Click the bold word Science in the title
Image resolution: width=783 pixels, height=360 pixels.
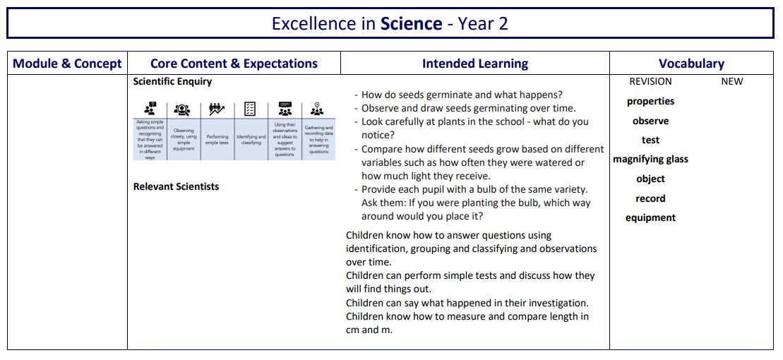[411, 24]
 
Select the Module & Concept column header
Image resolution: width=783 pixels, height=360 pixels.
[67, 64]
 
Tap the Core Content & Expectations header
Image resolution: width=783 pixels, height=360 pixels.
[234, 64]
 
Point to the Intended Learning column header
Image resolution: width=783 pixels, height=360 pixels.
[474, 64]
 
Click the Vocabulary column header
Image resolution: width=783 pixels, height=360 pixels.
[691, 64]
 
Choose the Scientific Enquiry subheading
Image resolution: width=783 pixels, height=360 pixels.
[172, 82]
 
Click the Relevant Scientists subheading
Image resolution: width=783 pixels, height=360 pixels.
[176, 187]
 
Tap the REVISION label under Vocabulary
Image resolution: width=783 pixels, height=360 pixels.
[650, 82]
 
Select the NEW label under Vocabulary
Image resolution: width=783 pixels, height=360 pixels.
[731, 82]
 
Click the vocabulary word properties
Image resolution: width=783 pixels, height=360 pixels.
[650, 102]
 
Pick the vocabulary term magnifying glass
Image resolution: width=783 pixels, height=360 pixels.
[650, 160]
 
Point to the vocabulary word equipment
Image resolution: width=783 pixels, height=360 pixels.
[650, 218]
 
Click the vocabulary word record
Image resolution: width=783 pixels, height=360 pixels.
[650, 199]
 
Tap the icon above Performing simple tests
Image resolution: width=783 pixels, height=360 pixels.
[217, 109]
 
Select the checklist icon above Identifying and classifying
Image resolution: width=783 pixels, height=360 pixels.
[251, 109]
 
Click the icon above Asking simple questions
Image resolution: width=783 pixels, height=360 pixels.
[150, 109]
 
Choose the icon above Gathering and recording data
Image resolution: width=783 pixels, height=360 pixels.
[318, 109]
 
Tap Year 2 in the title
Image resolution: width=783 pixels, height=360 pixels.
[483, 24]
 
